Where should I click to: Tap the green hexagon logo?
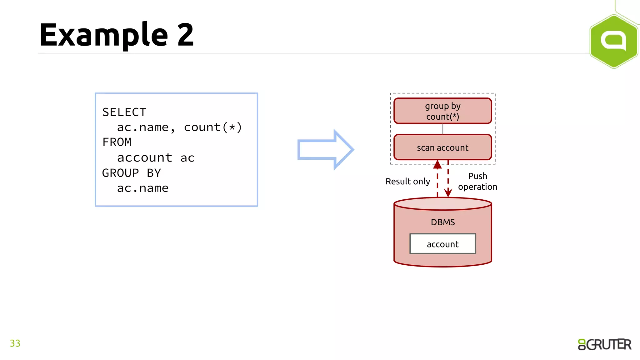click(x=614, y=41)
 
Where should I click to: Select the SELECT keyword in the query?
click(x=124, y=112)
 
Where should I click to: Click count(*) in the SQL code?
click(x=213, y=127)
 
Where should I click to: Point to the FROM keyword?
click(x=117, y=142)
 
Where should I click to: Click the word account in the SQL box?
click(x=144, y=157)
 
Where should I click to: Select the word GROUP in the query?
click(x=121, y=173)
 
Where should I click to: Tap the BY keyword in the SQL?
click(x=154, y=173)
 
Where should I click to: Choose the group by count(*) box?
click(x=442, y=111)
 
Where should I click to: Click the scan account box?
click(x=442, y=147)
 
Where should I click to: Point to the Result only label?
click(x=407, y=181)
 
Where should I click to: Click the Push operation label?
click(x=477, y=181)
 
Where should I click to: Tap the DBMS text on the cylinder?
click(x=442, y=222)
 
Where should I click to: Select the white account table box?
click(x=442, y=244)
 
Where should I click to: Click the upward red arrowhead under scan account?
click(x=437, y=164)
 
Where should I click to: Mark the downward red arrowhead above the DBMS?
click(x=448, y=193)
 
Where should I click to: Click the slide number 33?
click(x=15, y=343)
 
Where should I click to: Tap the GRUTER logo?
click(x=604, y=344)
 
